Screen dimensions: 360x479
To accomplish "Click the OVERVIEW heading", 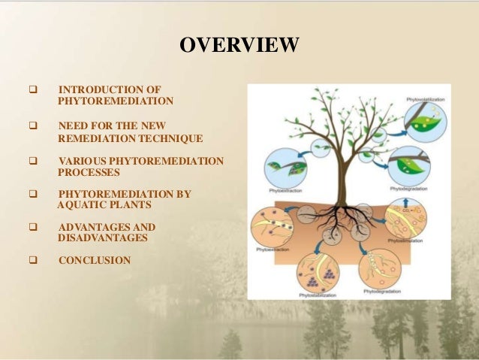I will point(239,46).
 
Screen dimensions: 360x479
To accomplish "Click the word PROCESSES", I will point(89,172).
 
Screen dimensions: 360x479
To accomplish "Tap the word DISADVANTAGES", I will point(102,238).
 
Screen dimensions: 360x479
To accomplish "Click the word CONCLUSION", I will point(94,261).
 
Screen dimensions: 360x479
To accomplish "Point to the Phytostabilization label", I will point(315,295).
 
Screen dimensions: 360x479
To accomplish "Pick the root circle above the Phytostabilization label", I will point(316,270).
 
